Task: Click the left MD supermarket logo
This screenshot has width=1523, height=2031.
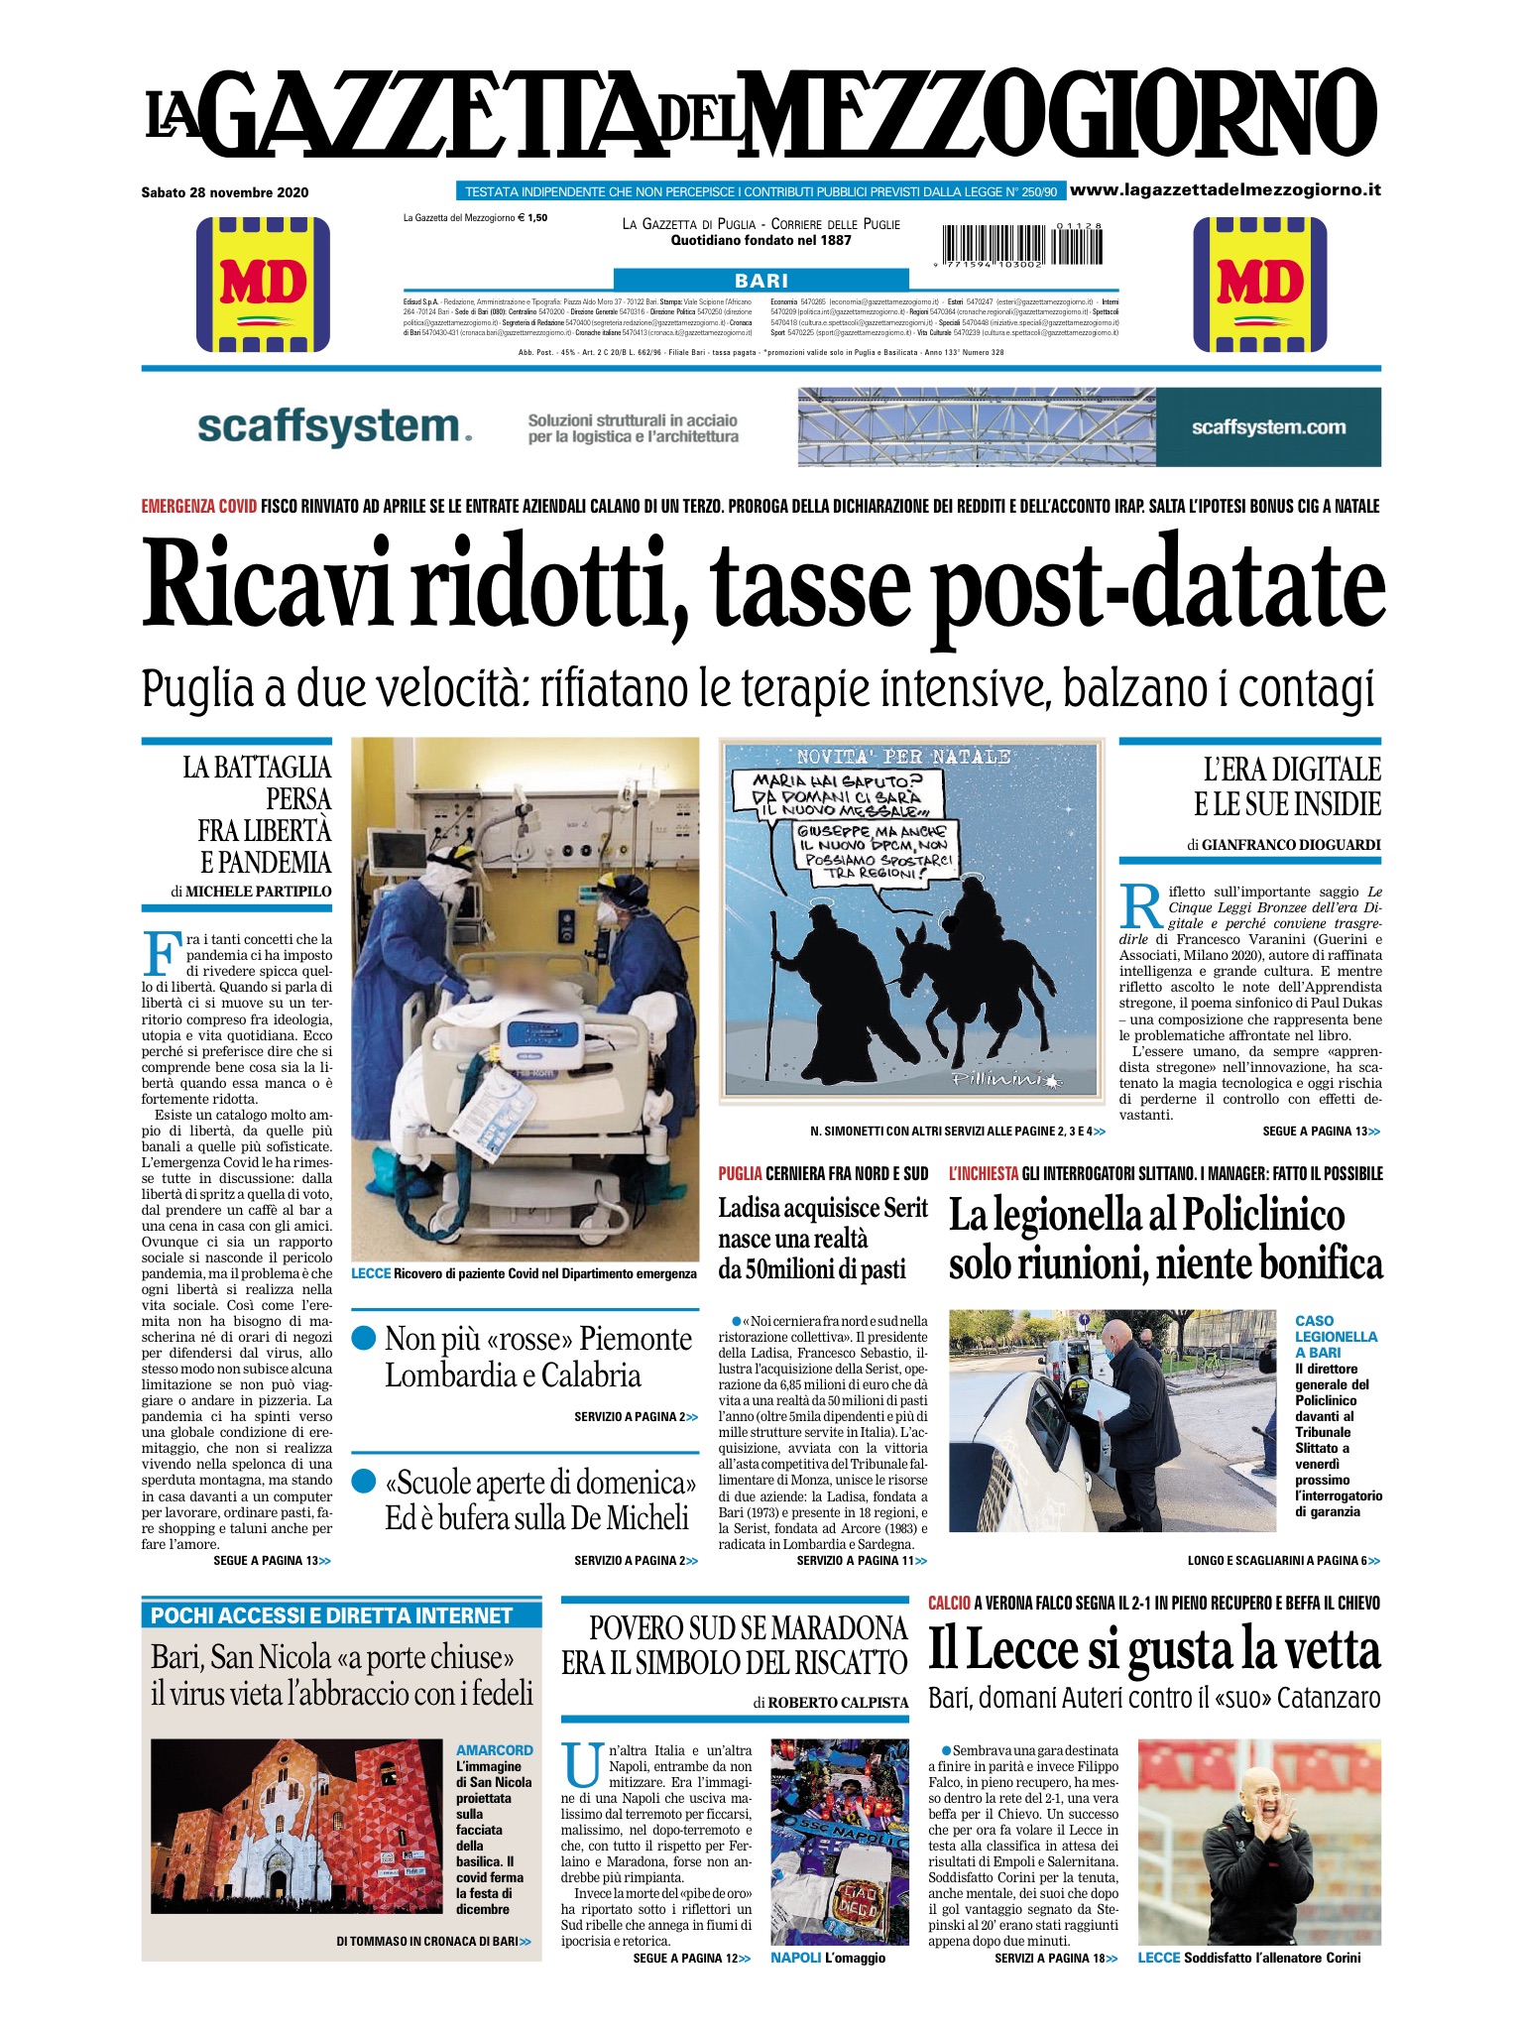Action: tap(263, 284)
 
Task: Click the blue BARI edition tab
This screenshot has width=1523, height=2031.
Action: tap(761, 281)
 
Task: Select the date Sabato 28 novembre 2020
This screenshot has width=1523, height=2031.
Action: tap(225, 192)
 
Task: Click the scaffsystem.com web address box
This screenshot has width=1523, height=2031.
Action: tap(1268, 427)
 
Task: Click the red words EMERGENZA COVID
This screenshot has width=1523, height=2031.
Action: tap(199, 507)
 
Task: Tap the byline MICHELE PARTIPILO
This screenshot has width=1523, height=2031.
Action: tap(259, 891)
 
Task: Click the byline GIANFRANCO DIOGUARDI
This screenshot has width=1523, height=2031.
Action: tap(1291, 845)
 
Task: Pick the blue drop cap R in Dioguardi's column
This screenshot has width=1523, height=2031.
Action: tap(1141, 905)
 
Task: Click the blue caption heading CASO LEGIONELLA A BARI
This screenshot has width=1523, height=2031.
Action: tap(1336, 1336)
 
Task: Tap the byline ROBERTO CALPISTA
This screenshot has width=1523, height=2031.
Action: tap(838, 1702)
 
